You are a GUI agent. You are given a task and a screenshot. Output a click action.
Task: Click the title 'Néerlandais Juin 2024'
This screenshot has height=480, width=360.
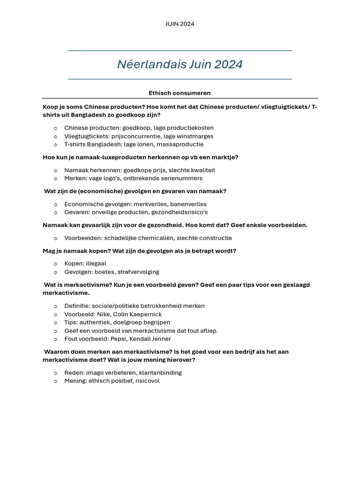[x=180, y=65]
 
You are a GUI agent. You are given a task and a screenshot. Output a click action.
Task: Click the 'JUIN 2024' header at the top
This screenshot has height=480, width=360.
[x=180, y=24]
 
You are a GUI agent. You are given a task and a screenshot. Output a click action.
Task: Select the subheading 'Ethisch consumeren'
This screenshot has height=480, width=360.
[x=180, y=93]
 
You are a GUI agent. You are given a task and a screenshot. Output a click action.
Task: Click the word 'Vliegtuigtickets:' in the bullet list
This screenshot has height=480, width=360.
[x=87, y=136]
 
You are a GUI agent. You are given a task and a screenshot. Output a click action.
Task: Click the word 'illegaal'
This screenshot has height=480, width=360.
[x=96, y=263]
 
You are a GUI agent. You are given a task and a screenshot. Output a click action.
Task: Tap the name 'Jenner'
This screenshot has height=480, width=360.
[x=160, y=339]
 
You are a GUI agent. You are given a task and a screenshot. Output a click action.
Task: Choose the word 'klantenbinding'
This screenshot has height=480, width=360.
[x=160, y=373]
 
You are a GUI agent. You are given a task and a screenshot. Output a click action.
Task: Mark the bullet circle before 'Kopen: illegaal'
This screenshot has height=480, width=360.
[x=55, y=264]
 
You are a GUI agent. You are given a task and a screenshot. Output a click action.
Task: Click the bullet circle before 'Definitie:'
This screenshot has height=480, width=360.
[x=55, y=306]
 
